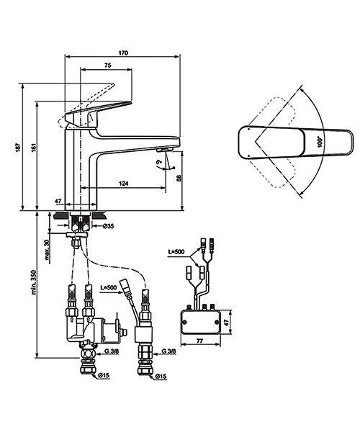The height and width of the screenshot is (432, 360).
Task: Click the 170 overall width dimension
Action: [122, 52]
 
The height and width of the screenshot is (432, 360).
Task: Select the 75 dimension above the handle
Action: [107, 66]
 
